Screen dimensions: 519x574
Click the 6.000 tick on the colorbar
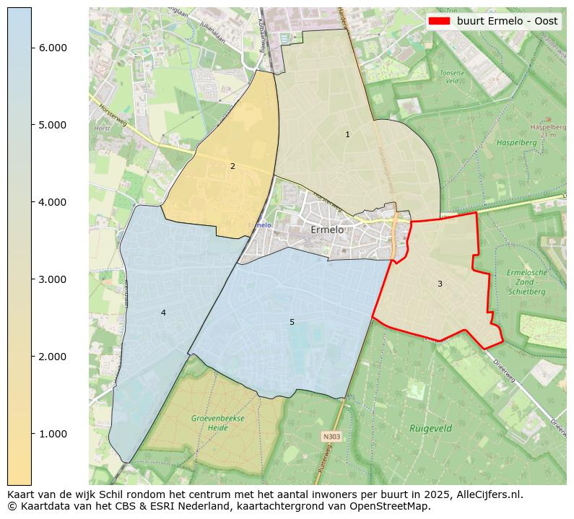coord(53,48)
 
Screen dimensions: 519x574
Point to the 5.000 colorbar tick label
coord(53,125)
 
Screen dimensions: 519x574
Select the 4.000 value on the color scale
coord(53,202)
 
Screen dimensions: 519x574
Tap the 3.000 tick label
coord(53,279)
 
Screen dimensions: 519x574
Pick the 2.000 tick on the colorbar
coord(53,357)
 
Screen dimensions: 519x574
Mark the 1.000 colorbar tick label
coord(53,434)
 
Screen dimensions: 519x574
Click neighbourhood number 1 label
coord(347,135)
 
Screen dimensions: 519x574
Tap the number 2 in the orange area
coord(232,167)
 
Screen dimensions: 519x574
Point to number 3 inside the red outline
coord(440,284)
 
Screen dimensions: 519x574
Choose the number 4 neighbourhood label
coord(163,313)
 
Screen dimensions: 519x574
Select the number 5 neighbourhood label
coord(292,322)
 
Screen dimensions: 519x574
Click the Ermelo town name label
coord(327,230)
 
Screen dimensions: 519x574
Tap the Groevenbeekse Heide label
coord(218,423)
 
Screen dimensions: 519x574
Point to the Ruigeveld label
coord(430,428)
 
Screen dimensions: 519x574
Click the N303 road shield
coord(331,437)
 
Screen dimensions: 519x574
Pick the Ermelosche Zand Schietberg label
coord(527,282)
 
